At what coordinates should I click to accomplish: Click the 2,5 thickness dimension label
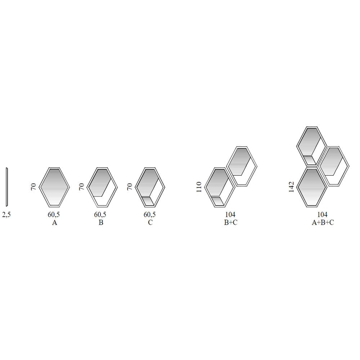click(6, 215)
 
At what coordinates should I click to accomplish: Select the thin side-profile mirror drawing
click(7, 187)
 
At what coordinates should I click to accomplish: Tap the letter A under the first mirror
click(54, 222)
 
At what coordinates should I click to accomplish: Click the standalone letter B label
click(101, 222)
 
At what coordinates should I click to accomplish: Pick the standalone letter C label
click(150, 222)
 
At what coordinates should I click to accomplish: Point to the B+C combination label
click(230, 222)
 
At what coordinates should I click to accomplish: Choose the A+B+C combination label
click(323, 222)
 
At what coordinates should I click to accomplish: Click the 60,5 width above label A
click(54, 215)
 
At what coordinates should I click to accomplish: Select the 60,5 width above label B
click(100, 215)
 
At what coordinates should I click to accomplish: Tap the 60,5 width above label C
click(150, 215)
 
